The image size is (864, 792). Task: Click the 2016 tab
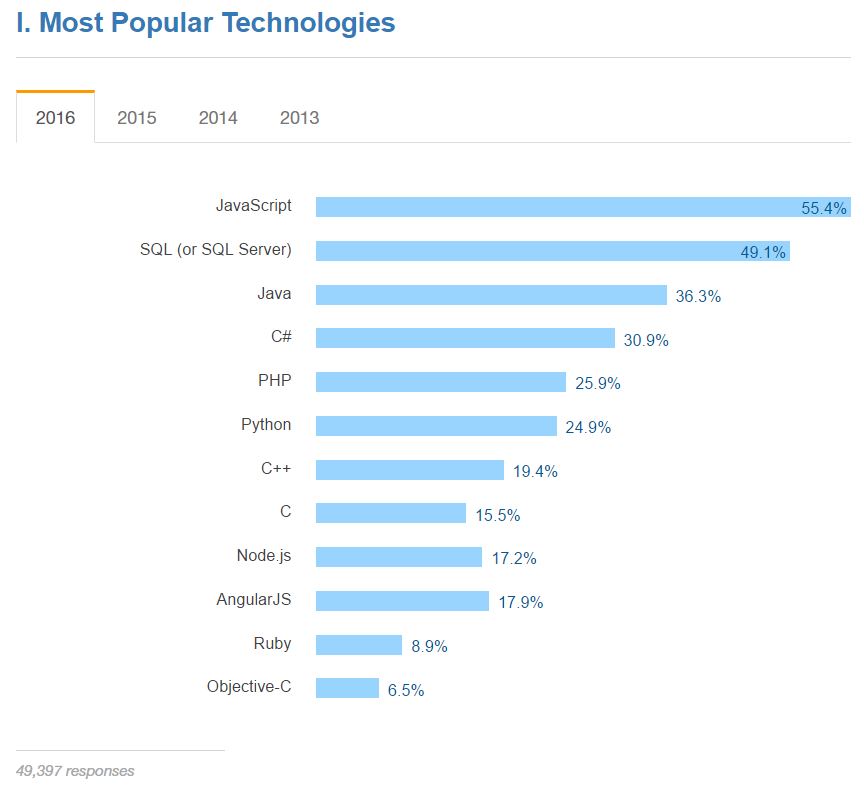pos(55,118)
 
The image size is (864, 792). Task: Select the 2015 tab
pos(137,118)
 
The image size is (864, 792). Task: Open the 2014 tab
pos(218,118)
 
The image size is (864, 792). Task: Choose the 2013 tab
pos(299,118)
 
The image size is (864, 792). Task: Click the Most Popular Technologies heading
pos(206,23)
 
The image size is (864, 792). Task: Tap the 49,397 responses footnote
pos(75,771)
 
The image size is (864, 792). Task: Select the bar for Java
pos(491,295)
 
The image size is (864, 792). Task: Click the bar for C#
pos(465,338)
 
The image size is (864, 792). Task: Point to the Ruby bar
pos(358,645)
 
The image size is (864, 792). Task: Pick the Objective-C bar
pos(347,688)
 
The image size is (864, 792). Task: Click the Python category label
pos(266,425)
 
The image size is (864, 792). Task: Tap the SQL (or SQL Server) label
pos(216,250)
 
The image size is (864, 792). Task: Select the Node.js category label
pos(264,556)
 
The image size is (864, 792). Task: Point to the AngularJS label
pos(254,600)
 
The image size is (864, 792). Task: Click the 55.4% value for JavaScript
pos(824,209)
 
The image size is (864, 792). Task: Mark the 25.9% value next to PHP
pos(598,383)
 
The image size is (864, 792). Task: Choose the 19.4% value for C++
pos(535,471)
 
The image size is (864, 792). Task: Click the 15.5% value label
pos(498,515)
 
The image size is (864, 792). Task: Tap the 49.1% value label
pos(763,252)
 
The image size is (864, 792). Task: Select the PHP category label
pos(275,381)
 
